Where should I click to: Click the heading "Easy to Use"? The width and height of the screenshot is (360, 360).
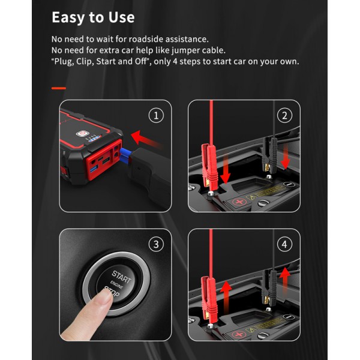93,17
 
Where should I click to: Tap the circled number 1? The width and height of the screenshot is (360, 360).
156,115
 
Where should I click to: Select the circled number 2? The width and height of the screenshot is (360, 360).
284,115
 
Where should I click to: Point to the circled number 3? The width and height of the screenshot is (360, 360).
156,244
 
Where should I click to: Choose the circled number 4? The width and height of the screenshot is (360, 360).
284,244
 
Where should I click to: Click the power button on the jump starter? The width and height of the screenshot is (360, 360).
82,133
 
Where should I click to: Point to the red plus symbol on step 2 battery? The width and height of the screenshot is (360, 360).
239,202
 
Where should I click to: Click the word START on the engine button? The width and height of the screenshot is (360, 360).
121,277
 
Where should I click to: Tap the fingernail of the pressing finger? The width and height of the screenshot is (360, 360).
106,296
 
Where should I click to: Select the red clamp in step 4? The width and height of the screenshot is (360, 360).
208,298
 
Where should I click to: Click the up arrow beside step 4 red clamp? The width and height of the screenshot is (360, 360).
226,296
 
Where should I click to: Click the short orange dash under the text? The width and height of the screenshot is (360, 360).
59,88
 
